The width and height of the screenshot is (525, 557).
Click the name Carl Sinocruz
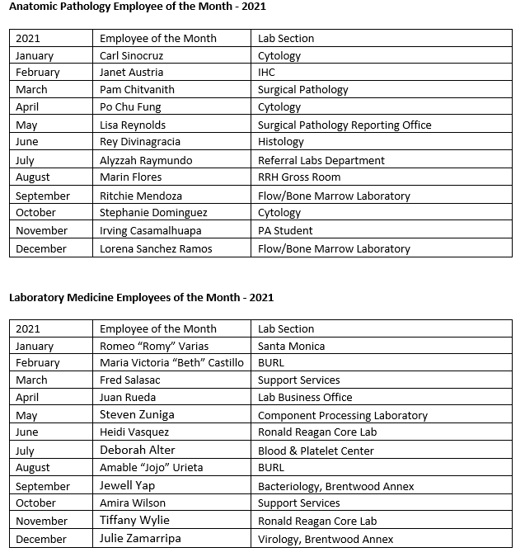132,56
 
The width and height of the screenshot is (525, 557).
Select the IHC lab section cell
266,73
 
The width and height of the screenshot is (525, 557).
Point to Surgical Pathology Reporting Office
345,125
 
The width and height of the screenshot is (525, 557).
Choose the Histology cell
281,142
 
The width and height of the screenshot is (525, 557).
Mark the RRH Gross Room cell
299,177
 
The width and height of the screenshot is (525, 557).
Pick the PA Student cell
285,231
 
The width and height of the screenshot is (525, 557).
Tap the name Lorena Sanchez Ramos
156,248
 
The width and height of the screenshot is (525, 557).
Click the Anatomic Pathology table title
137,7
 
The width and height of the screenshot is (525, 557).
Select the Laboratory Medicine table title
141,297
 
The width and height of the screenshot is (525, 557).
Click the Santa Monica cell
291,347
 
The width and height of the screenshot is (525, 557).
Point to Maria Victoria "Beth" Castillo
171,363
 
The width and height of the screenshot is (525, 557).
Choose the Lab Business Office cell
305,398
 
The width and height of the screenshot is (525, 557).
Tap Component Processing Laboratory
343,416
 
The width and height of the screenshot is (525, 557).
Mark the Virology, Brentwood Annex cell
326,540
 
